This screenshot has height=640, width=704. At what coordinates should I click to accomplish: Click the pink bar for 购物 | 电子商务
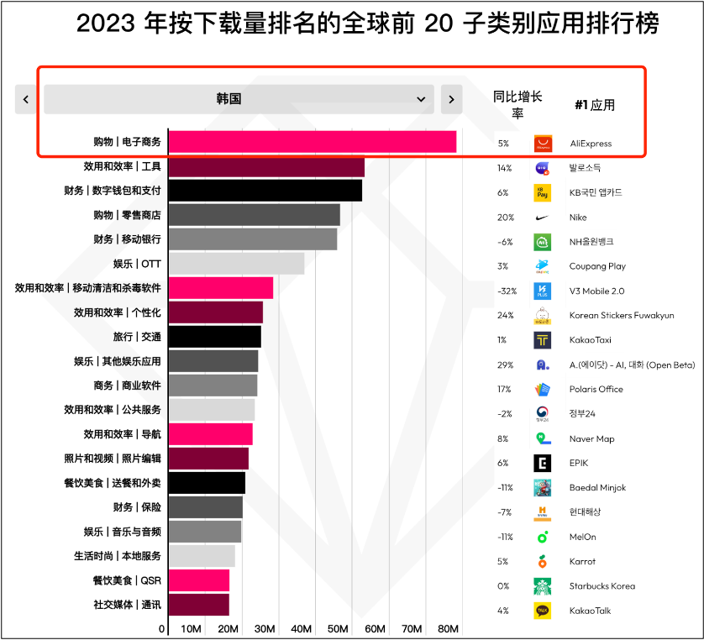pyautogui.click(x=312, y=143)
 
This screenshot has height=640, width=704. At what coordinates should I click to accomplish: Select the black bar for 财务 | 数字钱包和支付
pyautogui.click(x=265, y=191)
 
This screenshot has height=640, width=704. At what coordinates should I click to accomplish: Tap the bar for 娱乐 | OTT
pyautogui.click(x=236, y=264)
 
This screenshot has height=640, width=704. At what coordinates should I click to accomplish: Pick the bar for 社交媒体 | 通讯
pyautogui.click(x=198, y=605)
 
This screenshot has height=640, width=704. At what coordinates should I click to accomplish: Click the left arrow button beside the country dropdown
pyautogui.click(x=26, y=99)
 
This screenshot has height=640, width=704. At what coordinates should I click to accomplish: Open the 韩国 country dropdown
pyautogui.click(x=239, y=99)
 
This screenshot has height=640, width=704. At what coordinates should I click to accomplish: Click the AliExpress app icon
pyautogui.click(x=543, y=144)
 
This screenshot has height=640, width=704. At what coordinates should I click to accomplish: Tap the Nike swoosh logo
pyautogui.click(x=543, y=217)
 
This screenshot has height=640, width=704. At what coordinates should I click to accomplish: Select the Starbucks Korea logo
pyautogui.click(x=543, y=586)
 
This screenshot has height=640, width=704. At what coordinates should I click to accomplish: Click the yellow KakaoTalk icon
pyautogui.click(x=543, y=611)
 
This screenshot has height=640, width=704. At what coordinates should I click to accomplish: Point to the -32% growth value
pyautogui.click(x=503, y=291)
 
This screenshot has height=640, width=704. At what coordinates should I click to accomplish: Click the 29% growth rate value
pyautogui.click(x=503, y=365)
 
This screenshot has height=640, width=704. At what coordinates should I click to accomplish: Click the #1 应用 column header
pyautogui.click(x=595, y=105)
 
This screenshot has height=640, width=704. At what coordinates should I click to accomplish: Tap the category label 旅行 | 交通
pyautogui.click(x=137, y=337)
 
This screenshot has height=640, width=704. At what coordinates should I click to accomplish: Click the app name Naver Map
pyautogui.click(x=591, y=438)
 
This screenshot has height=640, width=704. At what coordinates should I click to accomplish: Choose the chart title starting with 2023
pyautogui.click(x=367, y=24)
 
